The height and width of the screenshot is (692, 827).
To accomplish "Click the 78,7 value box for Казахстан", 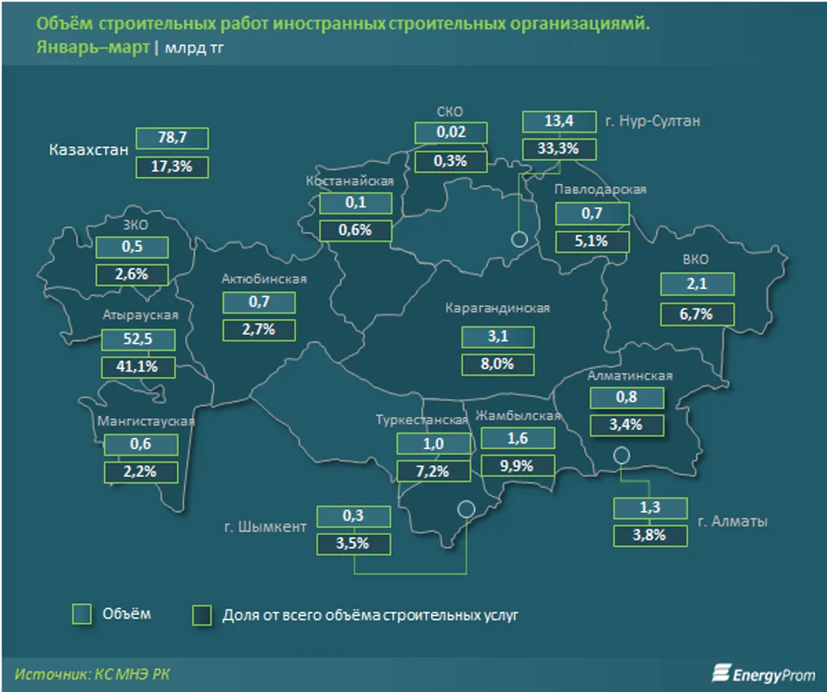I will [171, 138].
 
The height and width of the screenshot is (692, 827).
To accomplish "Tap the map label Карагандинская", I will [498, 309].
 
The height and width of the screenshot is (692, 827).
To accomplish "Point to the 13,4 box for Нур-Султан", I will [559, 121].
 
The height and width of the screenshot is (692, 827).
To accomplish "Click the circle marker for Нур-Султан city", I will [519, 239].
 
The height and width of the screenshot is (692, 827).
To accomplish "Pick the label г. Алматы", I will [732, 521].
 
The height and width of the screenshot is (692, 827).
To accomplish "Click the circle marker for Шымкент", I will [466, 508].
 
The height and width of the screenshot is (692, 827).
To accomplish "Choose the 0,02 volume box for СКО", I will [451, 133].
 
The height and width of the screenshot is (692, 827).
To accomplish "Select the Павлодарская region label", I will [600, 190].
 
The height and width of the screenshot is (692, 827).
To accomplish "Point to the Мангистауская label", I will [145, 421].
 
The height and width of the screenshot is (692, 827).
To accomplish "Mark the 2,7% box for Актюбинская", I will [259, 329].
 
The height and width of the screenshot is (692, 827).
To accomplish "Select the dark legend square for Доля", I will [202, 615].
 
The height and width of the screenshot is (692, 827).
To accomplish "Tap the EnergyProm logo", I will [762, 673].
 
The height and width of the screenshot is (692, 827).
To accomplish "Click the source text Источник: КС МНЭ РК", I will [92, 674].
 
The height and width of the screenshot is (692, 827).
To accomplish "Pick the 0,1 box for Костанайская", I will [356, 203].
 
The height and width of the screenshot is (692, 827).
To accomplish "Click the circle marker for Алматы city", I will [621, 455].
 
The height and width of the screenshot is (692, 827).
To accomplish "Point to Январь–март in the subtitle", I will [93, 47].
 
